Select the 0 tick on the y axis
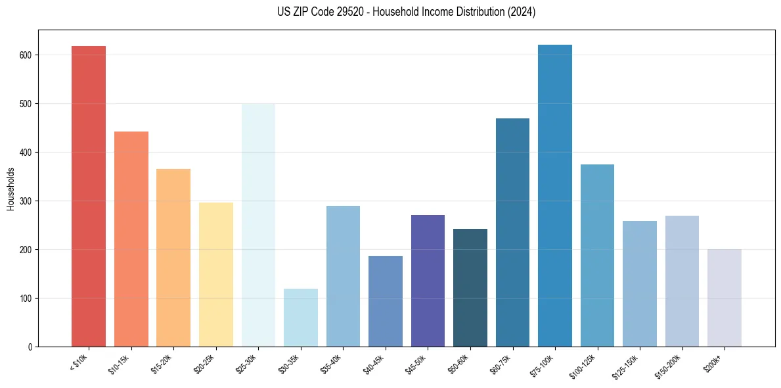tap(30, 347)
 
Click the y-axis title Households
tap(11, 189)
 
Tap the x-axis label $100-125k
tap(587, 365)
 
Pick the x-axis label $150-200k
tap(671, 365)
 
